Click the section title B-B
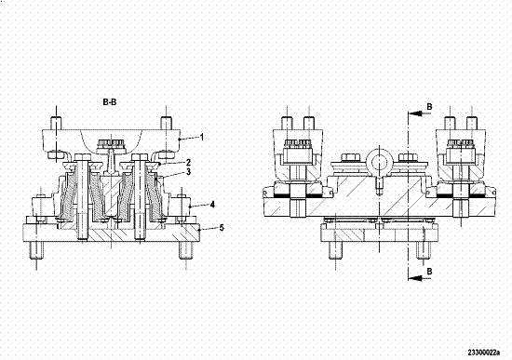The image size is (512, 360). pos(110,102)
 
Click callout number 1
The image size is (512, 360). pos(202,137)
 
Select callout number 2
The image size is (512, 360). pos(188,162)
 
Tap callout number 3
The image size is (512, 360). pos(188,172)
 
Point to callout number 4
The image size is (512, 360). pos(212,205)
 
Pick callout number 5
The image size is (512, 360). pos(222,228)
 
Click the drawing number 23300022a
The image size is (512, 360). pos(483,353)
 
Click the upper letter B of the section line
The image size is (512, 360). pos(430,107)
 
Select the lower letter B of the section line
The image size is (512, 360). pos(430,272)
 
